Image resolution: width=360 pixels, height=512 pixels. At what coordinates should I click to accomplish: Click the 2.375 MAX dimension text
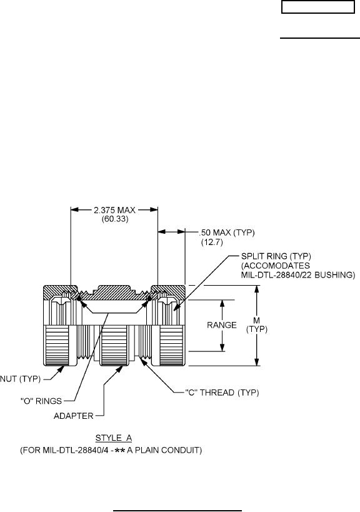click(x=114, y=210)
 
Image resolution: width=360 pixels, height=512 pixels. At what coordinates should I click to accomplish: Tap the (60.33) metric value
click(x=115, y=219)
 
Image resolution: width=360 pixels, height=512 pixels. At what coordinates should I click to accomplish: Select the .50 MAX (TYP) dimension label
click(x=226, y=233)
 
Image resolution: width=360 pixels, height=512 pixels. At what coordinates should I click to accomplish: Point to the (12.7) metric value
click(x=212, y=243)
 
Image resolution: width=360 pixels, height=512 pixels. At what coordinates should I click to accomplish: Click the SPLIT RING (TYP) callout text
click(x=276, y=256)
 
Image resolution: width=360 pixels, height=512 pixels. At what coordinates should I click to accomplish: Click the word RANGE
click(x=222, y=325)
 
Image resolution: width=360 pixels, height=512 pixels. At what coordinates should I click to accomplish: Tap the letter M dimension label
click(x=256, y=321)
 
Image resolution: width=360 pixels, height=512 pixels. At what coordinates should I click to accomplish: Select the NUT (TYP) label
click(x=20, y=379)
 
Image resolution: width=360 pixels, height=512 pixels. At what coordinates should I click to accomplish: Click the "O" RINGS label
click(x=41, y=401)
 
